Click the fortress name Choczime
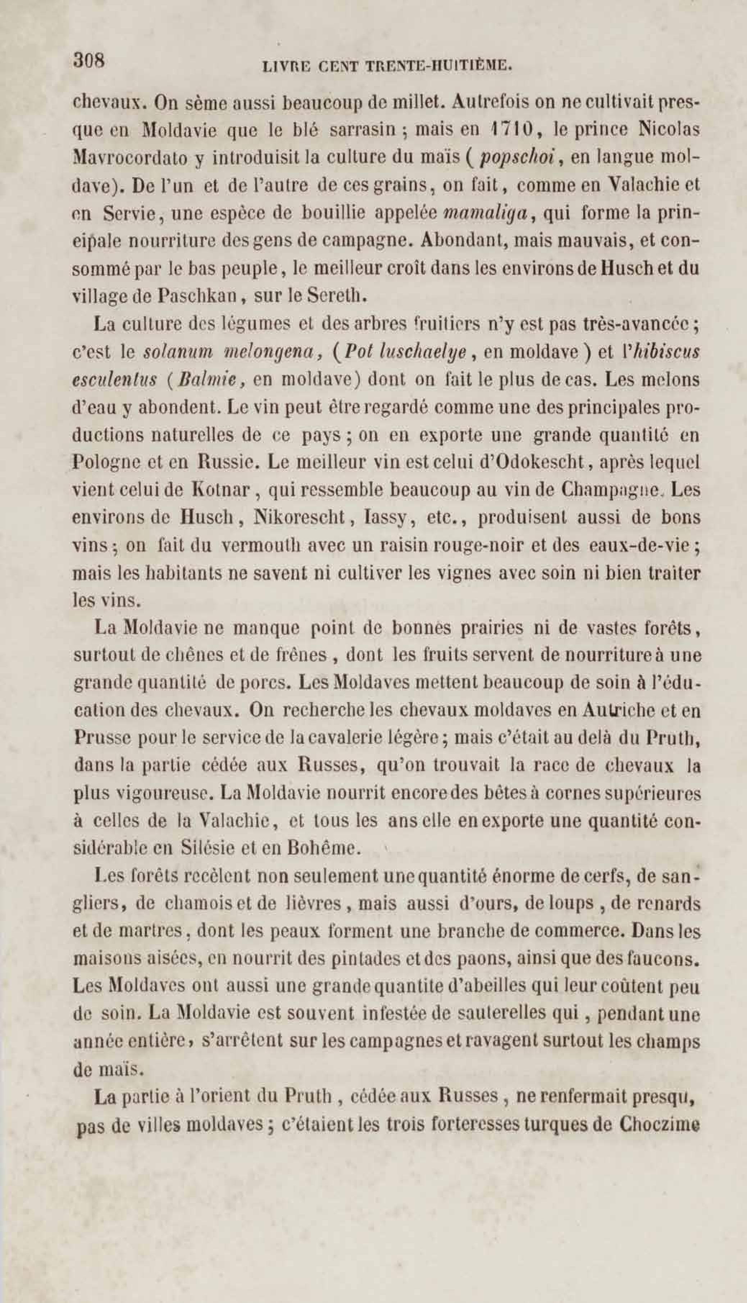point(660,1126)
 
